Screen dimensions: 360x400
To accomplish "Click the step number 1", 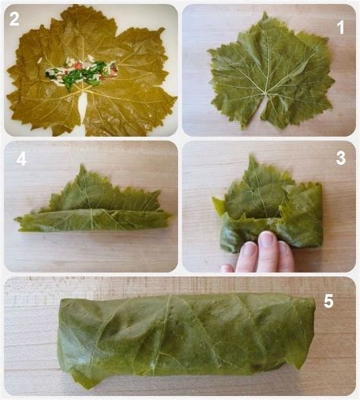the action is pyautogui.click(x=340, y=27).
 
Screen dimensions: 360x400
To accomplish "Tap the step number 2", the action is pyautogui.click(x=14, y=19).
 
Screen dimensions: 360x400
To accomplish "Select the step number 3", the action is pyautogui.click(x=341, y=158).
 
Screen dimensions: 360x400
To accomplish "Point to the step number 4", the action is pyautogui.click(x=21, y=159).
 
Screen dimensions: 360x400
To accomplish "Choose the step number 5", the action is pyautogui.click(x=328, y=301).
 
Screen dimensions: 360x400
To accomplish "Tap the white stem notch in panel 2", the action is pyautogui.click(x=84, y=106).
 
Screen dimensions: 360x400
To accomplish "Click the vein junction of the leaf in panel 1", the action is pyautogui.click(x=266, y=94).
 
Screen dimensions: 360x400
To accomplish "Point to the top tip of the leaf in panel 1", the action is pyautogui.click(x=265, y=13).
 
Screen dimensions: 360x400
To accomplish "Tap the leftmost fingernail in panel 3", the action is pyautogui.click(x=248, y=248).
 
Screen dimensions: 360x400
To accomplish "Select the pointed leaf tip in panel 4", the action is pyautogui.click(x=82, y=165).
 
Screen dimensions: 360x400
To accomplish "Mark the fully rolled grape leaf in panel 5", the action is pyautogui.click(x=186, y=341).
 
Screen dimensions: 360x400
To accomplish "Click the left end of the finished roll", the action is pyautogui.click(x=59, y=339).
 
